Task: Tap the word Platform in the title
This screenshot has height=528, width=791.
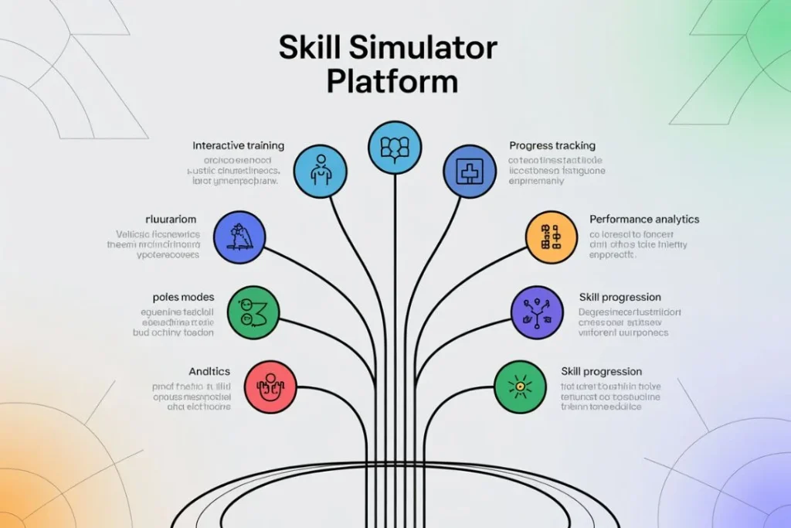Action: pos(392,81)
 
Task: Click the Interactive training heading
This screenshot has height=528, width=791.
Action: pos(238,145)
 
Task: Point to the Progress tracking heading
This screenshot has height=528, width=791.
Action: pos(552,145)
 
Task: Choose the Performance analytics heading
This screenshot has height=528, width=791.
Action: pos(644,220)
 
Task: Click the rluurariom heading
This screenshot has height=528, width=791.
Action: pos(171,220)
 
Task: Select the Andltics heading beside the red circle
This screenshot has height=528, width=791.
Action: pos(209,371)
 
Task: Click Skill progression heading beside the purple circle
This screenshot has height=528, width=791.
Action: pos(620,297)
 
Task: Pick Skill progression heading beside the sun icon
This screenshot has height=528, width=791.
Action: pos(602,371)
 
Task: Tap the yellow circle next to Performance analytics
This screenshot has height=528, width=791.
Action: pos(551,238)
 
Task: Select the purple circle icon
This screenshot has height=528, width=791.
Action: pos(537,312)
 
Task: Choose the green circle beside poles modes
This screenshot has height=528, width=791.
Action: pos(253,312)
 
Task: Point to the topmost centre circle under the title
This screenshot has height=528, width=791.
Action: pos(395,147)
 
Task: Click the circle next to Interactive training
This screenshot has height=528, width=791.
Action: pos(321,170)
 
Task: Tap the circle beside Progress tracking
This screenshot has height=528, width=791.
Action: pos(469,170)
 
